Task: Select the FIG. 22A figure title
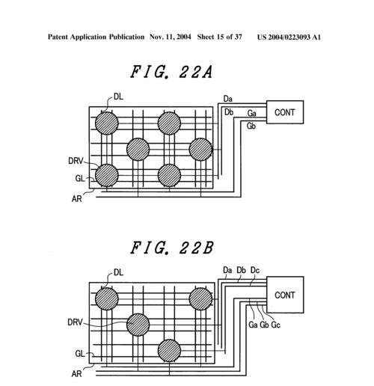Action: [171, 72]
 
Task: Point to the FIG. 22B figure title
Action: [172, 248]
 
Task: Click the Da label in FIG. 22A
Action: [228, 99]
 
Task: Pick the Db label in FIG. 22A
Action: [229, 112]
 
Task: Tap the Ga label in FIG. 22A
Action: [252, 113]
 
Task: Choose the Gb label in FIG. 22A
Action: [251, 126]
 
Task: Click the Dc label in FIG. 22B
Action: [255, 270]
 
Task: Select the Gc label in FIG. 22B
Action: [275, 325]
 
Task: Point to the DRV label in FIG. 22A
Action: [76, 161]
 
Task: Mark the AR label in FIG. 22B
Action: [76, 374]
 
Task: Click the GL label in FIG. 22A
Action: [80, 179]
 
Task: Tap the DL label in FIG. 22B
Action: [118, 272]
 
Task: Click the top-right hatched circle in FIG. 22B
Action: [200, 298]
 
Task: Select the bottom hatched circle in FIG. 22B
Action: [169, 351]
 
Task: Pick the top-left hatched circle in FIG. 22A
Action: [107, 123]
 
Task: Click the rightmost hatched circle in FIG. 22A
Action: [200, 150]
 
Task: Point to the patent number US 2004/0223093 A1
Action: [289, 37]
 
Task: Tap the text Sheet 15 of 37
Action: [220, 37]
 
